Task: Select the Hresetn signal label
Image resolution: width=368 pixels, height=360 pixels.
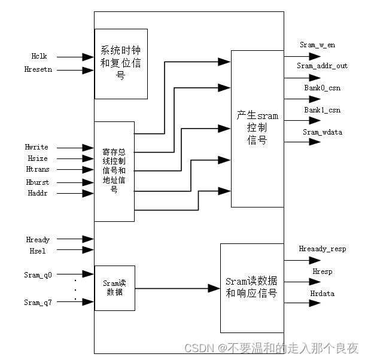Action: [38, 70]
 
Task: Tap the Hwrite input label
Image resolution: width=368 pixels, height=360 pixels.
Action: [37, 147]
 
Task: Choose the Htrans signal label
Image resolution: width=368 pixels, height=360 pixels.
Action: [37, 169]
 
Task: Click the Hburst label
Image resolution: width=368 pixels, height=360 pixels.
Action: [37, 181]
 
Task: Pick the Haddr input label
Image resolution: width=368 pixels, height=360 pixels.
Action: [36, 193]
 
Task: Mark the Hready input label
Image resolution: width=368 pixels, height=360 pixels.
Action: [38, 239]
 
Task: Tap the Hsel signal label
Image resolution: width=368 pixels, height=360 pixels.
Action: [35, 251]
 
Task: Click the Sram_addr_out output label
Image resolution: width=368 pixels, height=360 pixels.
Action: [322, 66]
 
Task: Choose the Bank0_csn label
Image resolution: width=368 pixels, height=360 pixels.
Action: [322, 87]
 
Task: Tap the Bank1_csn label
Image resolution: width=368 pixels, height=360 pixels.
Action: [322, 110]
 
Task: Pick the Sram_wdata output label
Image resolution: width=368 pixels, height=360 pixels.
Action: [322, 132]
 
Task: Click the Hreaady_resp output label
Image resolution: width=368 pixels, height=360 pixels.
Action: [323, 249]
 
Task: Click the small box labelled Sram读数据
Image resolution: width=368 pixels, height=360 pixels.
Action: [114, 288]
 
